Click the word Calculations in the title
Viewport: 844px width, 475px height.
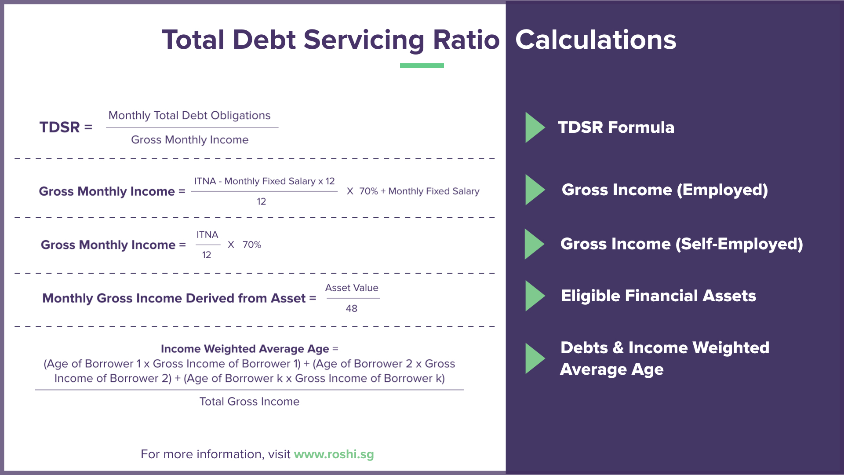[x=595, y=40]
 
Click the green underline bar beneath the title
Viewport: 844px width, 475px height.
[x=422, y=66]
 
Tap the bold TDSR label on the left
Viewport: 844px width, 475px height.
[x=60, y=127]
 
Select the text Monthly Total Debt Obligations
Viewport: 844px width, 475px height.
[x=189, y=115]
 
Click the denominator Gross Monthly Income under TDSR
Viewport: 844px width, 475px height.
[x=189, y=140]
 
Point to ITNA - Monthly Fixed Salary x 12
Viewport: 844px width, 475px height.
[x=264, y=181]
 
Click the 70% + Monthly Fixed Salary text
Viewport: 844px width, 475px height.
[x=419, y=191]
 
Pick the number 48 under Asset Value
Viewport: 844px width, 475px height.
[x=351, y=308]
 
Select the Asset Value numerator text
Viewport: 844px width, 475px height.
[x=352, y=288]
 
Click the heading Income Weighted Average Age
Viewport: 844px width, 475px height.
[x=245, y=349]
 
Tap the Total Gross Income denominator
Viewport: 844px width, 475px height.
[x=249, y=402]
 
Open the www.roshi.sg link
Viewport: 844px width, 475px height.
[x=334, y=454]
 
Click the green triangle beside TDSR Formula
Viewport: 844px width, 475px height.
[x=534, y=128]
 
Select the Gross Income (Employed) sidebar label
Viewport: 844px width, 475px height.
[x=664, y=190]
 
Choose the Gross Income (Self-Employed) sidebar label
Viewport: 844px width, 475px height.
[x=681, y=244]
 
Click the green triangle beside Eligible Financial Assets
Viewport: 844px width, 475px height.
[x=534, y=296]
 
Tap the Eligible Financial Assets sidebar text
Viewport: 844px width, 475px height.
[x=658, y=296]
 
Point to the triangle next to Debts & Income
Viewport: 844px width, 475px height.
[x=534, y=358]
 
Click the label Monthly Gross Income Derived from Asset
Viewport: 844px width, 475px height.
[x=174, y=298]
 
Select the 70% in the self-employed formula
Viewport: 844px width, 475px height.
[x=252, y=245]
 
